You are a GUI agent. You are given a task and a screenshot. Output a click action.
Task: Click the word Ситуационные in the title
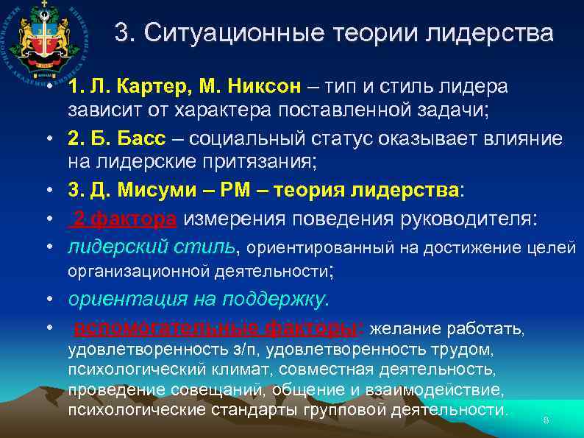pyautogui.click(x=225, y=33)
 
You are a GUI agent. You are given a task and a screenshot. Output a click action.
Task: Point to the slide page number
pyautogui.click(x=545, y=420)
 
